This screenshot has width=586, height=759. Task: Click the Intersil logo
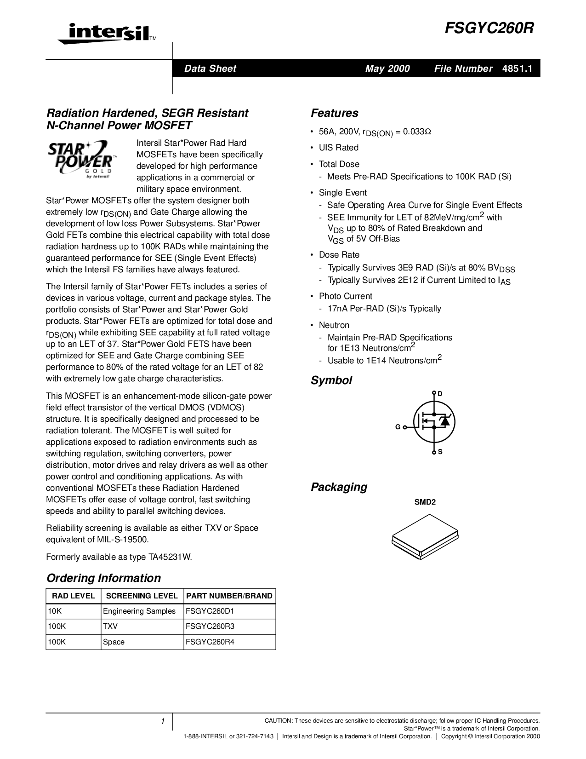[x=103, y=34]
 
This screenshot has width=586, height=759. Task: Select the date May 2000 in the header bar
[x=387, y=69]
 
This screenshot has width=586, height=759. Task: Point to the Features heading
[x=334, y=113]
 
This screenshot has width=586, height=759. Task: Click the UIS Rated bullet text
[x=339, y=148]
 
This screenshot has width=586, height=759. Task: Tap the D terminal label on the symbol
[x=440, y=394]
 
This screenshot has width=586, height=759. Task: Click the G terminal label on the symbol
[x=398, y=427]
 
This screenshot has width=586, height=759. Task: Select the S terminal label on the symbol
[x=440, y=452]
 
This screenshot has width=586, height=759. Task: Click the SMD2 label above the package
[x=425, y=502]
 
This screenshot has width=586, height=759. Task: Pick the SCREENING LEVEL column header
[x=142, y=596]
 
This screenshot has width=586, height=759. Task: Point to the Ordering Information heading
[x=103, y=578]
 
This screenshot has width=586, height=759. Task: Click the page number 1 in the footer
[x=163, y=721]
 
